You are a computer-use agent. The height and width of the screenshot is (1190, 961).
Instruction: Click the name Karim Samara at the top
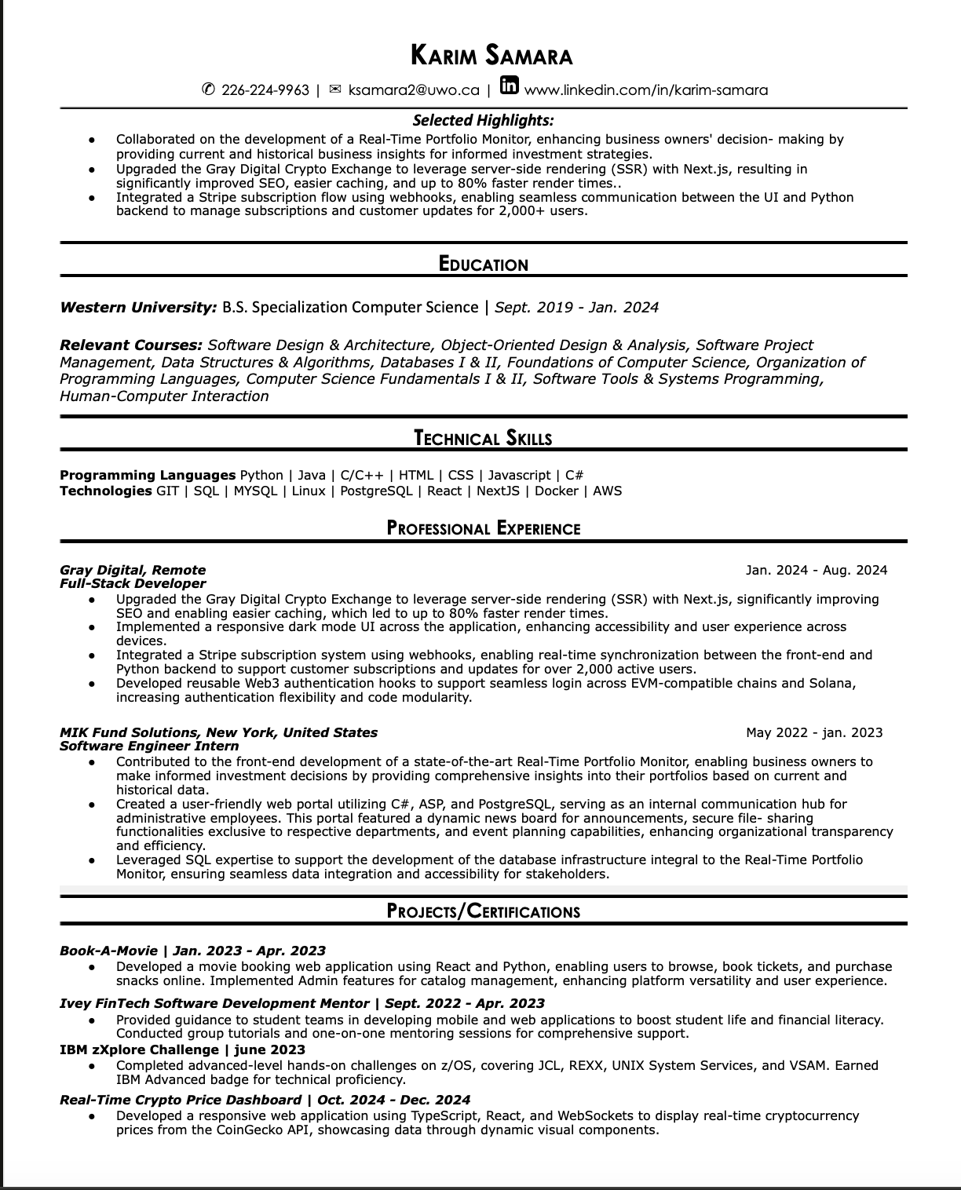491,56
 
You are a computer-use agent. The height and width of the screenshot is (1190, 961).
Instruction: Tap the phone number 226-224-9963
265,89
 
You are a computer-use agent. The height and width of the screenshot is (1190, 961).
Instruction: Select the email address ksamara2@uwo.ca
413,89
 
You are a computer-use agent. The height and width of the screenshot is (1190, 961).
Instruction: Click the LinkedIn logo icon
510,86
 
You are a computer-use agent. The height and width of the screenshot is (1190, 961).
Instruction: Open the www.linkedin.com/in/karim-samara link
645,89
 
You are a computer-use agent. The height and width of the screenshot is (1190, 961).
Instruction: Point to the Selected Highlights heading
483,120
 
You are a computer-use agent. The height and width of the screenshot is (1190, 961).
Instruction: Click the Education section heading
483,265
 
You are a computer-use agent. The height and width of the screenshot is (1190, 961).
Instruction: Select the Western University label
137,307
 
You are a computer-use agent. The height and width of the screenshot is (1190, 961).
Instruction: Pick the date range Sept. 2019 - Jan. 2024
576,307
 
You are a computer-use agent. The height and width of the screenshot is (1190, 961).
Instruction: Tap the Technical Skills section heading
483,438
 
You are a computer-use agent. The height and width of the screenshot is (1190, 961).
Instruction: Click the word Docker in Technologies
556,491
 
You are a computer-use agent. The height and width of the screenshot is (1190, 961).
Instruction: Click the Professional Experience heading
483,528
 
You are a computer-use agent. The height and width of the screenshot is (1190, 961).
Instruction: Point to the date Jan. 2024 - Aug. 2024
817,570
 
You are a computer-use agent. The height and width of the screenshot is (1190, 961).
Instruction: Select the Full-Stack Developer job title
133,583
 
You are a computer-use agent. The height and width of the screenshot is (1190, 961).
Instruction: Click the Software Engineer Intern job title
149,746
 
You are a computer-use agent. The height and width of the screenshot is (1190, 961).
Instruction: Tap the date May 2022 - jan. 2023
814,732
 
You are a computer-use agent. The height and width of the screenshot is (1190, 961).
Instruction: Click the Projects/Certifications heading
483,911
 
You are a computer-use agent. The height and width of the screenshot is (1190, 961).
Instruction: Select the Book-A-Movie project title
108,951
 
